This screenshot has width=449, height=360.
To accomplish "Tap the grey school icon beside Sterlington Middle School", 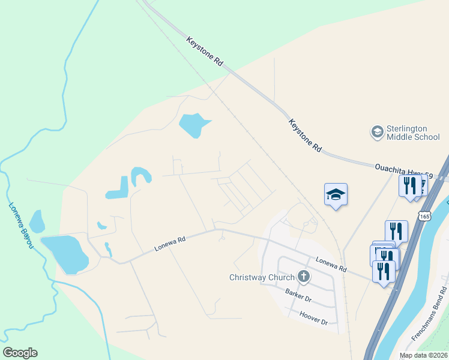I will pyautogui.click(x=377, y=132).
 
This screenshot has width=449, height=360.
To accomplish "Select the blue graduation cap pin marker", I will pyautogui.click(x=336, y=194).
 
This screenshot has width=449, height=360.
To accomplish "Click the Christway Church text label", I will pyautogui.click(x=262, y=277).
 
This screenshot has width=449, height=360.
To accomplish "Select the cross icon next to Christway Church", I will pyautogui.click(x=304, y=277).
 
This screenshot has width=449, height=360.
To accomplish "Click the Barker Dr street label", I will pyautogui.click(x=298, y=295).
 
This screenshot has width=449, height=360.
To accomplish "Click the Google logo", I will pyautogui.click(x=20, y=353).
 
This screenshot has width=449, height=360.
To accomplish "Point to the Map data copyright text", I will pyautogui.click(x=424, y=355).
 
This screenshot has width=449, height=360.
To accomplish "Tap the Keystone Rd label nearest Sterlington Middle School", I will pyautogui.click(x=305, y=135).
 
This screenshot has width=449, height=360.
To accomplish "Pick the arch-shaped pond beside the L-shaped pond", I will pyautogui.click(x=140, y=175).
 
